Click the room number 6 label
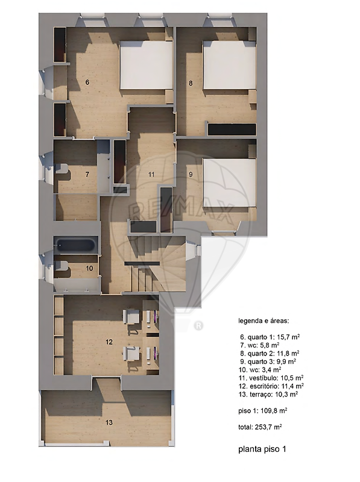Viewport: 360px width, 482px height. tap(87, 83)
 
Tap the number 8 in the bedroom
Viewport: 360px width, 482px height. tap(191, 83)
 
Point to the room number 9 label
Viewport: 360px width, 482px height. tap(191, 175)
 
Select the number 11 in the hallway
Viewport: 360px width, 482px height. tap(151, 175)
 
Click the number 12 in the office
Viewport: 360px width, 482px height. tap(109, 342)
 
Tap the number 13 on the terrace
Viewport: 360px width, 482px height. tap(109, 423)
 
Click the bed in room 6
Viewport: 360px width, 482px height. tap(146, 65)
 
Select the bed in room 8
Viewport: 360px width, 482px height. tap(230, 65)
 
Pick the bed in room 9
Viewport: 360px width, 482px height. tap(230, 183)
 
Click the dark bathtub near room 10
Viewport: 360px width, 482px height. tap(76, 245)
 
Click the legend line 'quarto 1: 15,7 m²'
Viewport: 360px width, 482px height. tap(270, 337)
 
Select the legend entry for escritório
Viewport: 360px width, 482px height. tap(271, 386)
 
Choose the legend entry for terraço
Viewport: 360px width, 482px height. tap(268, 394)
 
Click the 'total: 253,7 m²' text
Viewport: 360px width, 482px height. tap(261, 427)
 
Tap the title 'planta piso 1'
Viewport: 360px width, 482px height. tap(262, 449)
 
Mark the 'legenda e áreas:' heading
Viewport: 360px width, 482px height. tap(264, 321)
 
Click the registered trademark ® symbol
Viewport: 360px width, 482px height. tap(199, 325)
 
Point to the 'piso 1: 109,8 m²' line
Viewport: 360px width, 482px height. tap(263, 411)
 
